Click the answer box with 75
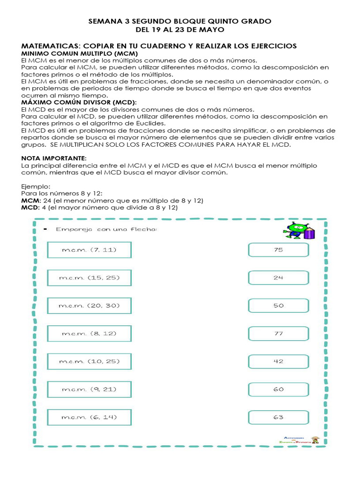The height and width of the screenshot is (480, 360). [278, 250]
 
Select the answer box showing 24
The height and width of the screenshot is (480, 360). [278, 277]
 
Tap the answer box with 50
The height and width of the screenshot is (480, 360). [278, 305]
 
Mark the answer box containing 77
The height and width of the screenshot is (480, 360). [278, 333]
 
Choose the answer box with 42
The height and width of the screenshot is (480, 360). [278, 361]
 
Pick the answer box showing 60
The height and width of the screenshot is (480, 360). [278, 389]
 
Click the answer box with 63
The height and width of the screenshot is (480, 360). [278, 417]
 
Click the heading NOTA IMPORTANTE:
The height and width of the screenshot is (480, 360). [54, 158]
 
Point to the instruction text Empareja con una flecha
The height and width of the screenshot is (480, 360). [106, 229]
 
